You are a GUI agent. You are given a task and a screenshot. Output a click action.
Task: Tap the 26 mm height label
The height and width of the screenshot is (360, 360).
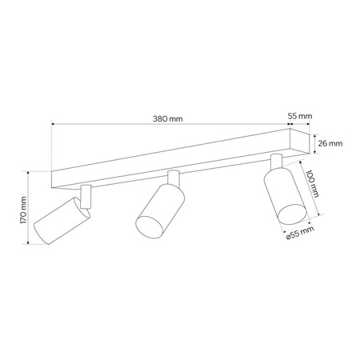point(330,144)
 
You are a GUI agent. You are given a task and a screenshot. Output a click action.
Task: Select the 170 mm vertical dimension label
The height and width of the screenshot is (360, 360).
point(25,209)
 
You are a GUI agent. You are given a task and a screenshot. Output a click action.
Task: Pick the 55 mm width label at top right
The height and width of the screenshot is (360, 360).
point(298,116)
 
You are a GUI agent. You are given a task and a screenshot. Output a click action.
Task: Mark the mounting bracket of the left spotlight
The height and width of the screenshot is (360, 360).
point(86,195)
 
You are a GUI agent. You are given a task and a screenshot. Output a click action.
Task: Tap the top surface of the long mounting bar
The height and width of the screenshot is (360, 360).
point(176,152)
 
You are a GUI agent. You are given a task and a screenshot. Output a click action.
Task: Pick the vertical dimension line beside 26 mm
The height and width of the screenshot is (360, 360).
point(314,144)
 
